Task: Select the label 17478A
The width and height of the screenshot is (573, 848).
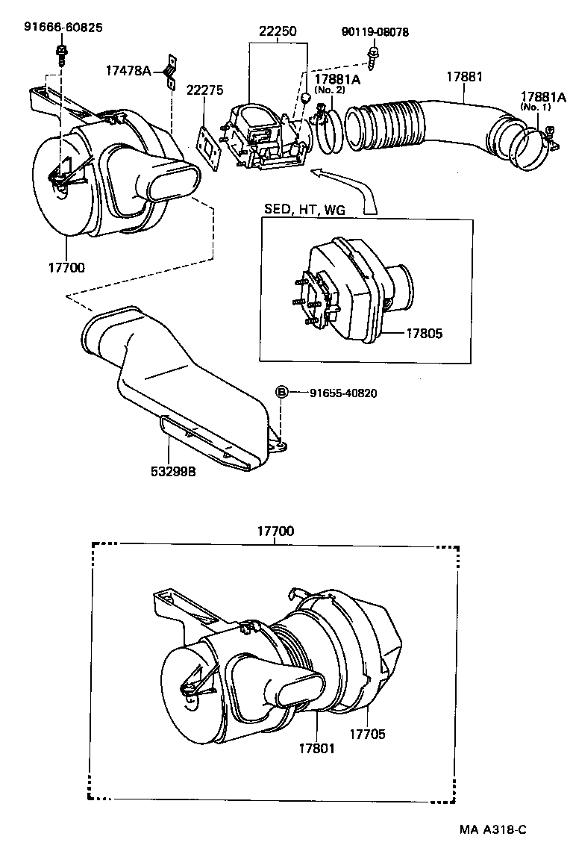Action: [128, 71]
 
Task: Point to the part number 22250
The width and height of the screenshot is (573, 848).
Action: [278, 32]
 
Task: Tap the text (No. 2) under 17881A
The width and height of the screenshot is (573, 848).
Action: [327, 90]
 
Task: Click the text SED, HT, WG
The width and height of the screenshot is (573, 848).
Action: [305, 211]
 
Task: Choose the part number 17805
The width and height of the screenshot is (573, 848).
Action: [424, 334]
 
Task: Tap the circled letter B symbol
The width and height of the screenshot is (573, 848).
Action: [282, 393]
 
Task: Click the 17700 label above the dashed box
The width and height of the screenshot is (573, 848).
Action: [275, 531]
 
